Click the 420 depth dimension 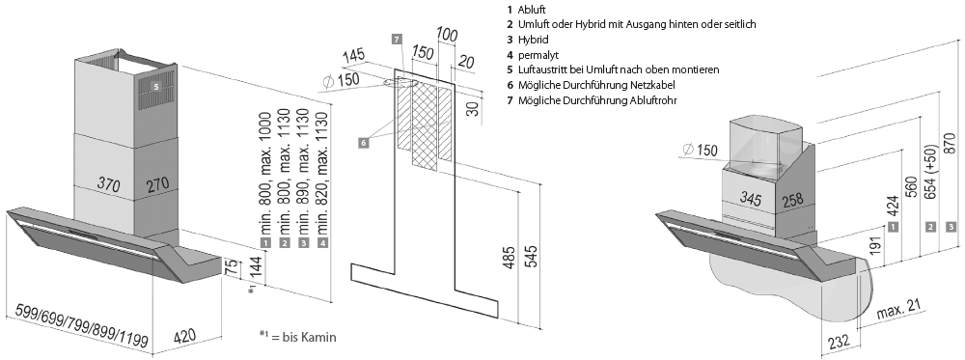[185, 337]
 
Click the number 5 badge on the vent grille [156, 88]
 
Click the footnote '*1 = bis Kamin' [298, 337]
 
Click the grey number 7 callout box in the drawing [397, 40]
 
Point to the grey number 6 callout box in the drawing [363, 143]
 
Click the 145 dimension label [354, 57]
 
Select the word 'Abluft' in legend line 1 [533, 10]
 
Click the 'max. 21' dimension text [898, 312]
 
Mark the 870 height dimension [951, 143]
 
